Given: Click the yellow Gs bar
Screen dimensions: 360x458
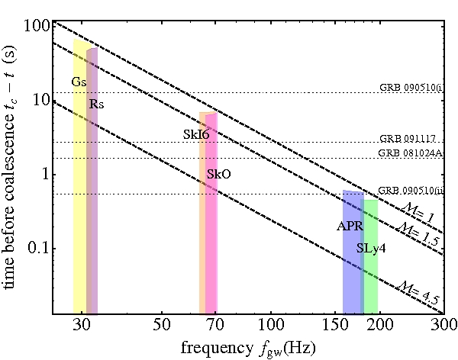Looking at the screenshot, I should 79,191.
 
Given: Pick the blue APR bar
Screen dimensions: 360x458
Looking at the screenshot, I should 352,267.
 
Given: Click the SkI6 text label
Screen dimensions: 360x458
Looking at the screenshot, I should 196,134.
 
